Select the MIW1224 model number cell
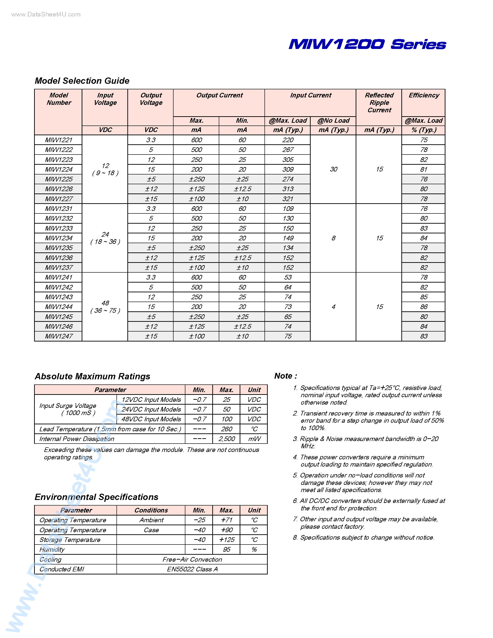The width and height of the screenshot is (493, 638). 58,169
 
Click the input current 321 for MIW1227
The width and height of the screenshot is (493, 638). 288,199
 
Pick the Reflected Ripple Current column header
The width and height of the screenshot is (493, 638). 379,103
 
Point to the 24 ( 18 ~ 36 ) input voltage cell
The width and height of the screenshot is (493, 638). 105,238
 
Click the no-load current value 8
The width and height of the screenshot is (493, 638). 333,238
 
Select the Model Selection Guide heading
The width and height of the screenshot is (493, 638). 82,81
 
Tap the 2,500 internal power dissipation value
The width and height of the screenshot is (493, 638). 227,439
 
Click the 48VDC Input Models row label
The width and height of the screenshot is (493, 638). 151,419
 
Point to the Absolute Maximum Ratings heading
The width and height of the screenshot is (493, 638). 92,376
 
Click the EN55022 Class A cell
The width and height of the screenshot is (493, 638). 192,569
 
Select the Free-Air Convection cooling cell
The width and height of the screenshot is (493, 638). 192,559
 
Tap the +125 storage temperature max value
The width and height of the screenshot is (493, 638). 227,540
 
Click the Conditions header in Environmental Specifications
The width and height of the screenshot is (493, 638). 151,510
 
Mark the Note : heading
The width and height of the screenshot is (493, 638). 286,376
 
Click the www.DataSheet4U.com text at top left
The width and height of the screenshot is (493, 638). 46,15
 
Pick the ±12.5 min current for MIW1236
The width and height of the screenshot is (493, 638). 242,258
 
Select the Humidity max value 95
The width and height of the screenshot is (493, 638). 227,549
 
